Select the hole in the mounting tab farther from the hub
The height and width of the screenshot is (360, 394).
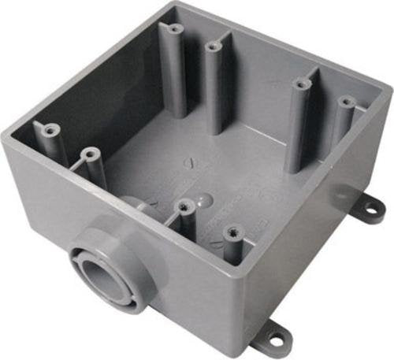[369, 210]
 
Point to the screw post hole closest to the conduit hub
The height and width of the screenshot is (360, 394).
[184, 206]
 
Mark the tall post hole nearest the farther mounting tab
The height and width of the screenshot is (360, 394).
[344, 101]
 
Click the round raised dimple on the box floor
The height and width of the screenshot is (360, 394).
[203, 199]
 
